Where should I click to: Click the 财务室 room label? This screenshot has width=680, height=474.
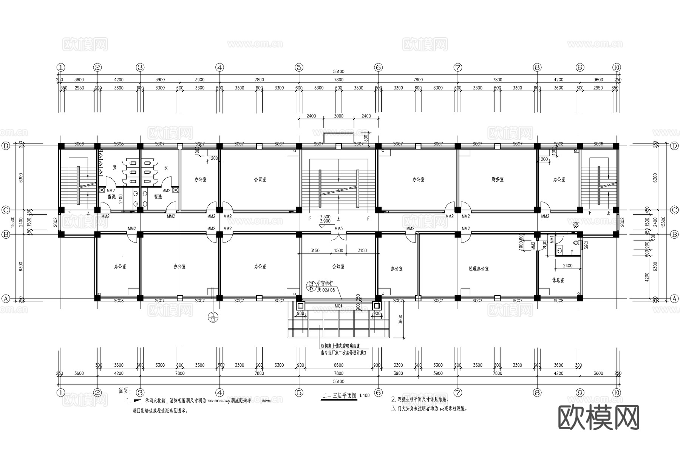click(x=498, y=180)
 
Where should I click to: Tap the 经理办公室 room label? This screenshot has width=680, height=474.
click(x=479, y=269)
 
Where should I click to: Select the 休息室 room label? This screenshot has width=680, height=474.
click(x=558, y=280)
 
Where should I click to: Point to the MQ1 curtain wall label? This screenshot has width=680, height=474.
click(x=338, y=306)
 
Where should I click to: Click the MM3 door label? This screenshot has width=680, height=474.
click(x=338, y=229)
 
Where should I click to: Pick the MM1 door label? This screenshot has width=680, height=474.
click(x=552, y=239)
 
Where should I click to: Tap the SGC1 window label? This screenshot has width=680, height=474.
click(x=586, y=245)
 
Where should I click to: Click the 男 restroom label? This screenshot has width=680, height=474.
click(x=114, y=167)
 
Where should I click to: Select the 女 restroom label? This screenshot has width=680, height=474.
click(x=166, y=167)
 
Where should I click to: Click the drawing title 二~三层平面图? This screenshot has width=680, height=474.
click(x=339, y=396)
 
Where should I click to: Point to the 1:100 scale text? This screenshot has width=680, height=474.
click(x=365, y=396)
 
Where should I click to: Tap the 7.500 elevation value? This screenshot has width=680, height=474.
click(x=325, y=217)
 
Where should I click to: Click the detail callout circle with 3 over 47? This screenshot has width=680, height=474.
click(x=312, y=286)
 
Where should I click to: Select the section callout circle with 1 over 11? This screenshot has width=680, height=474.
click(x=213, y=317)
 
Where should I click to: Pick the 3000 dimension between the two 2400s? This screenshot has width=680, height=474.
click(x=338, y=116)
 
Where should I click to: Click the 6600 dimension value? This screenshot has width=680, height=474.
click(x=338, y=365)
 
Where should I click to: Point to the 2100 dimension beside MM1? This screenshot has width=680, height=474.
click(x=545, y=245)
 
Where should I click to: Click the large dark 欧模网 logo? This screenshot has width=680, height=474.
click(x=598, y=418)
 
